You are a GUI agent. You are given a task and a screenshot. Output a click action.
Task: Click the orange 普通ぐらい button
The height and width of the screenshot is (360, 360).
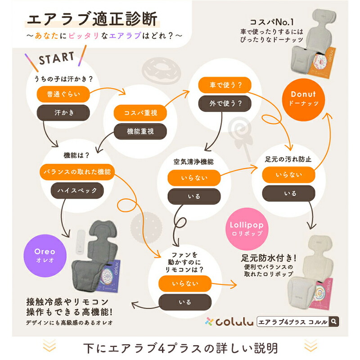click(x=63, y=95)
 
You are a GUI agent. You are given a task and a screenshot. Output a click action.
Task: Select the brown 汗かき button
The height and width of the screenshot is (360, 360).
click(x=63, y=112)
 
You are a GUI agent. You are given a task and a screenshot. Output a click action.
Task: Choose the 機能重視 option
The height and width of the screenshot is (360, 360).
click(x=139, y=130)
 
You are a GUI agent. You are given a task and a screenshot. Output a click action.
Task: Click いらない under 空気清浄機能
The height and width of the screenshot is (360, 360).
click(x=194, y=178)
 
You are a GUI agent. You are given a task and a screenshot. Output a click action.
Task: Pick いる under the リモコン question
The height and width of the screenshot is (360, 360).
click(x=184, y=301)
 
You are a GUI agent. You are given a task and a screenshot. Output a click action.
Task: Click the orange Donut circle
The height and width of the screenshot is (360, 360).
click(x=303, y=99)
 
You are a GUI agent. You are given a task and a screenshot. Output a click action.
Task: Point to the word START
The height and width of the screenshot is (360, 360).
click(x=56, y=58)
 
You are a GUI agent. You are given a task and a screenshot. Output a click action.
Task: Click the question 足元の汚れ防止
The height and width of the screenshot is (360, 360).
click(x=288, y=159)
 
